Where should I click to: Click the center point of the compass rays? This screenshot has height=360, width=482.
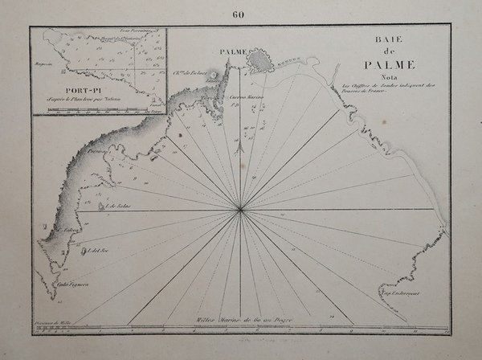click(240, 211)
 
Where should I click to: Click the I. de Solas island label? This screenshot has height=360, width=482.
click(118, 207)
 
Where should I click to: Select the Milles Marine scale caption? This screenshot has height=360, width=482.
click(241, 319)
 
